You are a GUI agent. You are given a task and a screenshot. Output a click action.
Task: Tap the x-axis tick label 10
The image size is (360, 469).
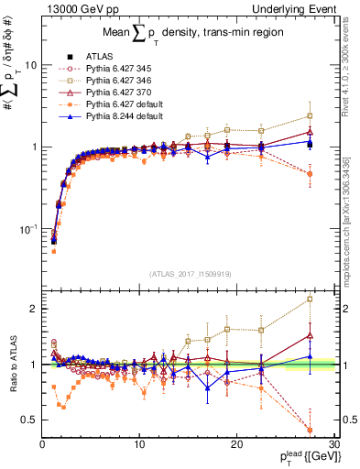[x=139, y=443]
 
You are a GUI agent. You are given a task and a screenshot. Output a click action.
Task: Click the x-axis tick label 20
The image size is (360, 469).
[x=236, y=443]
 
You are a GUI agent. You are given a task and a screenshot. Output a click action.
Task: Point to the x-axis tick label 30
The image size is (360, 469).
[x=333, y=443]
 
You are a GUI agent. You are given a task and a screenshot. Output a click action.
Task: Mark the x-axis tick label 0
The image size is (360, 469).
[x=42, y=443]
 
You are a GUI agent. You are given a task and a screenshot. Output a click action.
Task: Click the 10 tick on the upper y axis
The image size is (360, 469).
[x=30, y=66]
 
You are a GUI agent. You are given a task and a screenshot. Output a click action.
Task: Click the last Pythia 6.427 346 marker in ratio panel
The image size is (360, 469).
[x=310, y=299]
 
